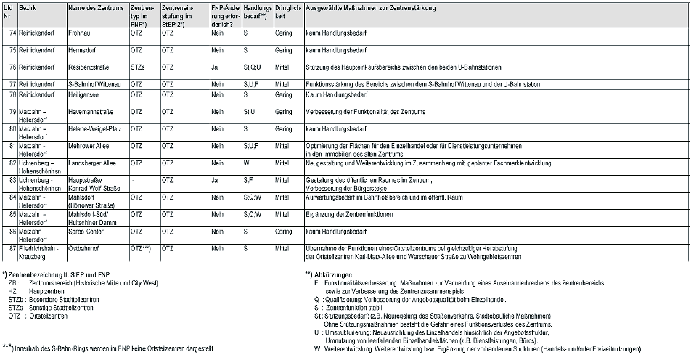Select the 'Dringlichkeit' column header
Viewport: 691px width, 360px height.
point(287,11)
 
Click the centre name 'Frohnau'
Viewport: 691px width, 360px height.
point(80,33)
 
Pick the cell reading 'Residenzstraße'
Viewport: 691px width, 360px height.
point(89,67)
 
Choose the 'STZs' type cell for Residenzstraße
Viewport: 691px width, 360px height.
point(138,67)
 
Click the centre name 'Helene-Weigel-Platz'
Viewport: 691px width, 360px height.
point(94,128)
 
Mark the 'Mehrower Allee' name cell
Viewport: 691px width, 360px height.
point(89,145)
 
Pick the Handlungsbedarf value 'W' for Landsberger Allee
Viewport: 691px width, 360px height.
point(247,163)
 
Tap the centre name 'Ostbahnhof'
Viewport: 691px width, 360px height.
point(85,248)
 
